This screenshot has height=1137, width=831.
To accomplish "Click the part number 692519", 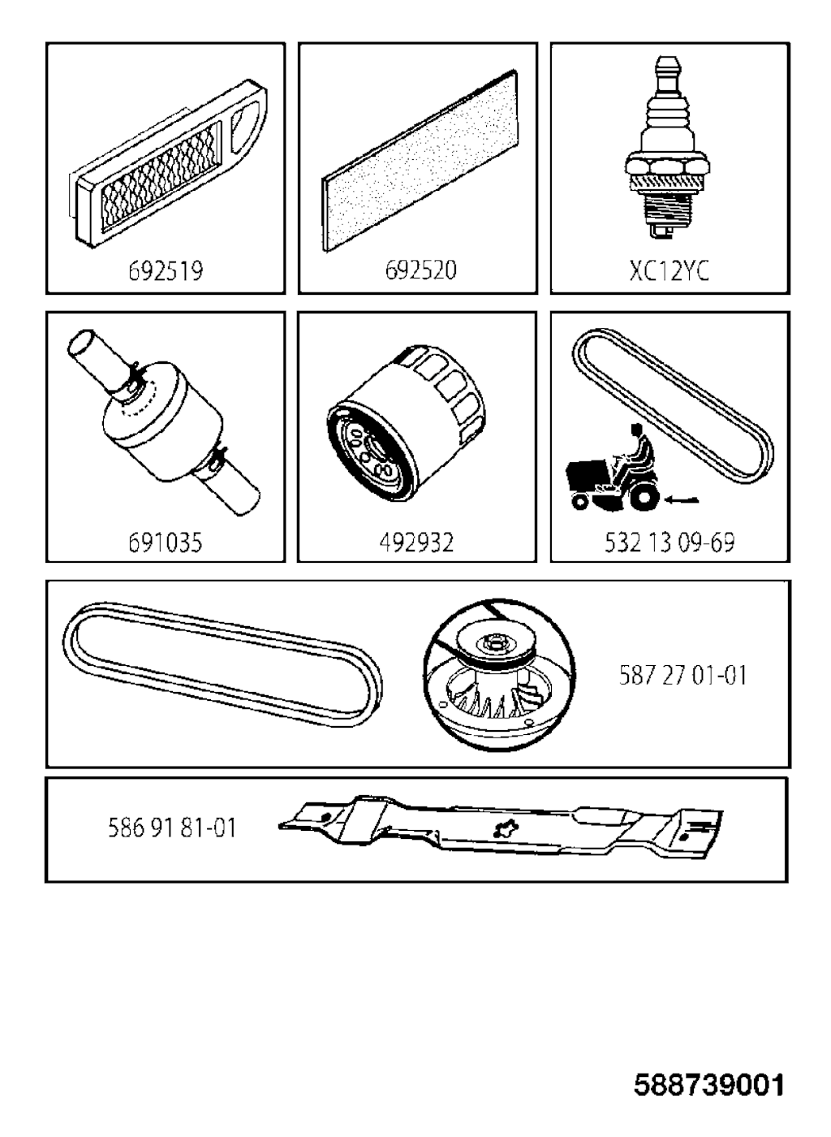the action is tap(166, 270).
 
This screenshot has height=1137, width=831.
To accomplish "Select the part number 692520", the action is tap(420, 270).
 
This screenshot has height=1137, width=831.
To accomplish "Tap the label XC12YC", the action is tap(670, 270).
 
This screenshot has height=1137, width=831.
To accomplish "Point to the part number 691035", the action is tap(166, 543).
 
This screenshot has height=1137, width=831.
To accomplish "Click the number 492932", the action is tap(416, 543).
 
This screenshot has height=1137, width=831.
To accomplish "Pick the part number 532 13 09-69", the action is tap(670, 543).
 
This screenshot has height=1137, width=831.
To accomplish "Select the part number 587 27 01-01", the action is tap(682, 676).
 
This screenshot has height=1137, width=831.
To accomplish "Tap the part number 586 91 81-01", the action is tap(173, 828).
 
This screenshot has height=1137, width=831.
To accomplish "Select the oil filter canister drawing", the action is tap(407, 422).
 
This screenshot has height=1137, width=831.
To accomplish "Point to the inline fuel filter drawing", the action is tap(163, 422).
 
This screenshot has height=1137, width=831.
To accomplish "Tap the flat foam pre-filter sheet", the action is tap(420, 161).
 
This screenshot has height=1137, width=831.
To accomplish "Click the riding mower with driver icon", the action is tap(614, 469).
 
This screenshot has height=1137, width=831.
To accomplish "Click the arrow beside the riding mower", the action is tap(682, 500).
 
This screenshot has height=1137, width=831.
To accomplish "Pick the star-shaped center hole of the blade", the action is tap(506, 829).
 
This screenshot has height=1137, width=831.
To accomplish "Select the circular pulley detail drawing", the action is tap(500, 676).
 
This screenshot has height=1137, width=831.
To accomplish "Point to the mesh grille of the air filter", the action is tap(161, 179).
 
